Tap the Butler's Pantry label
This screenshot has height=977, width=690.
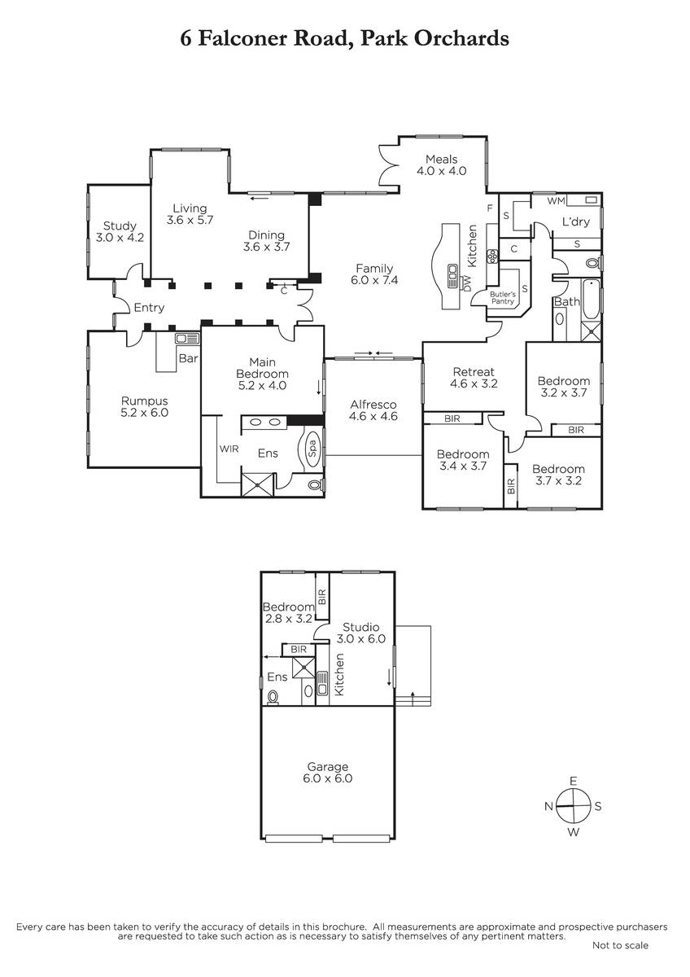click(x=503, y=298)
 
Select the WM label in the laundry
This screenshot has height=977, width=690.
click(x=556, y=200)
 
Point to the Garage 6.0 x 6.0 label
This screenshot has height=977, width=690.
click(x=328, y=773)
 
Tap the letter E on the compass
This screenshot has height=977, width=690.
click(x=573, y=781)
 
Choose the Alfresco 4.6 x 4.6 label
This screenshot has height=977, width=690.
click(x=373, y=410)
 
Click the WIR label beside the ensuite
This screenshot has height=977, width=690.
click(x=229, y=449)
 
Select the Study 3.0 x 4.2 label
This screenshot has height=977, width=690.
click(x=120, y=231)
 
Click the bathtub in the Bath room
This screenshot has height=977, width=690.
click(x=591, y=300)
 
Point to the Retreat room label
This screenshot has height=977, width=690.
click(x=474, y=378)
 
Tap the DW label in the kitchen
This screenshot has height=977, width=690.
click(x=467, y=283)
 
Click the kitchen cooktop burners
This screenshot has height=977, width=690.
click(x=493, y=256)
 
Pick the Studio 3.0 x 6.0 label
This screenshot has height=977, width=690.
click(x=361, y=633)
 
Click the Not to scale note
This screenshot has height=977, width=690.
click(x=620, y=945)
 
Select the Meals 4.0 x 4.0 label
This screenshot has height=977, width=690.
click(x=442, y=164)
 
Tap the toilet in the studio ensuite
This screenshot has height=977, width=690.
click(x=273, y=697)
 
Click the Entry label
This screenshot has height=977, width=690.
click(x=149, y=308)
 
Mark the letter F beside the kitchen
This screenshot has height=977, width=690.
click(x=490, y=208)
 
